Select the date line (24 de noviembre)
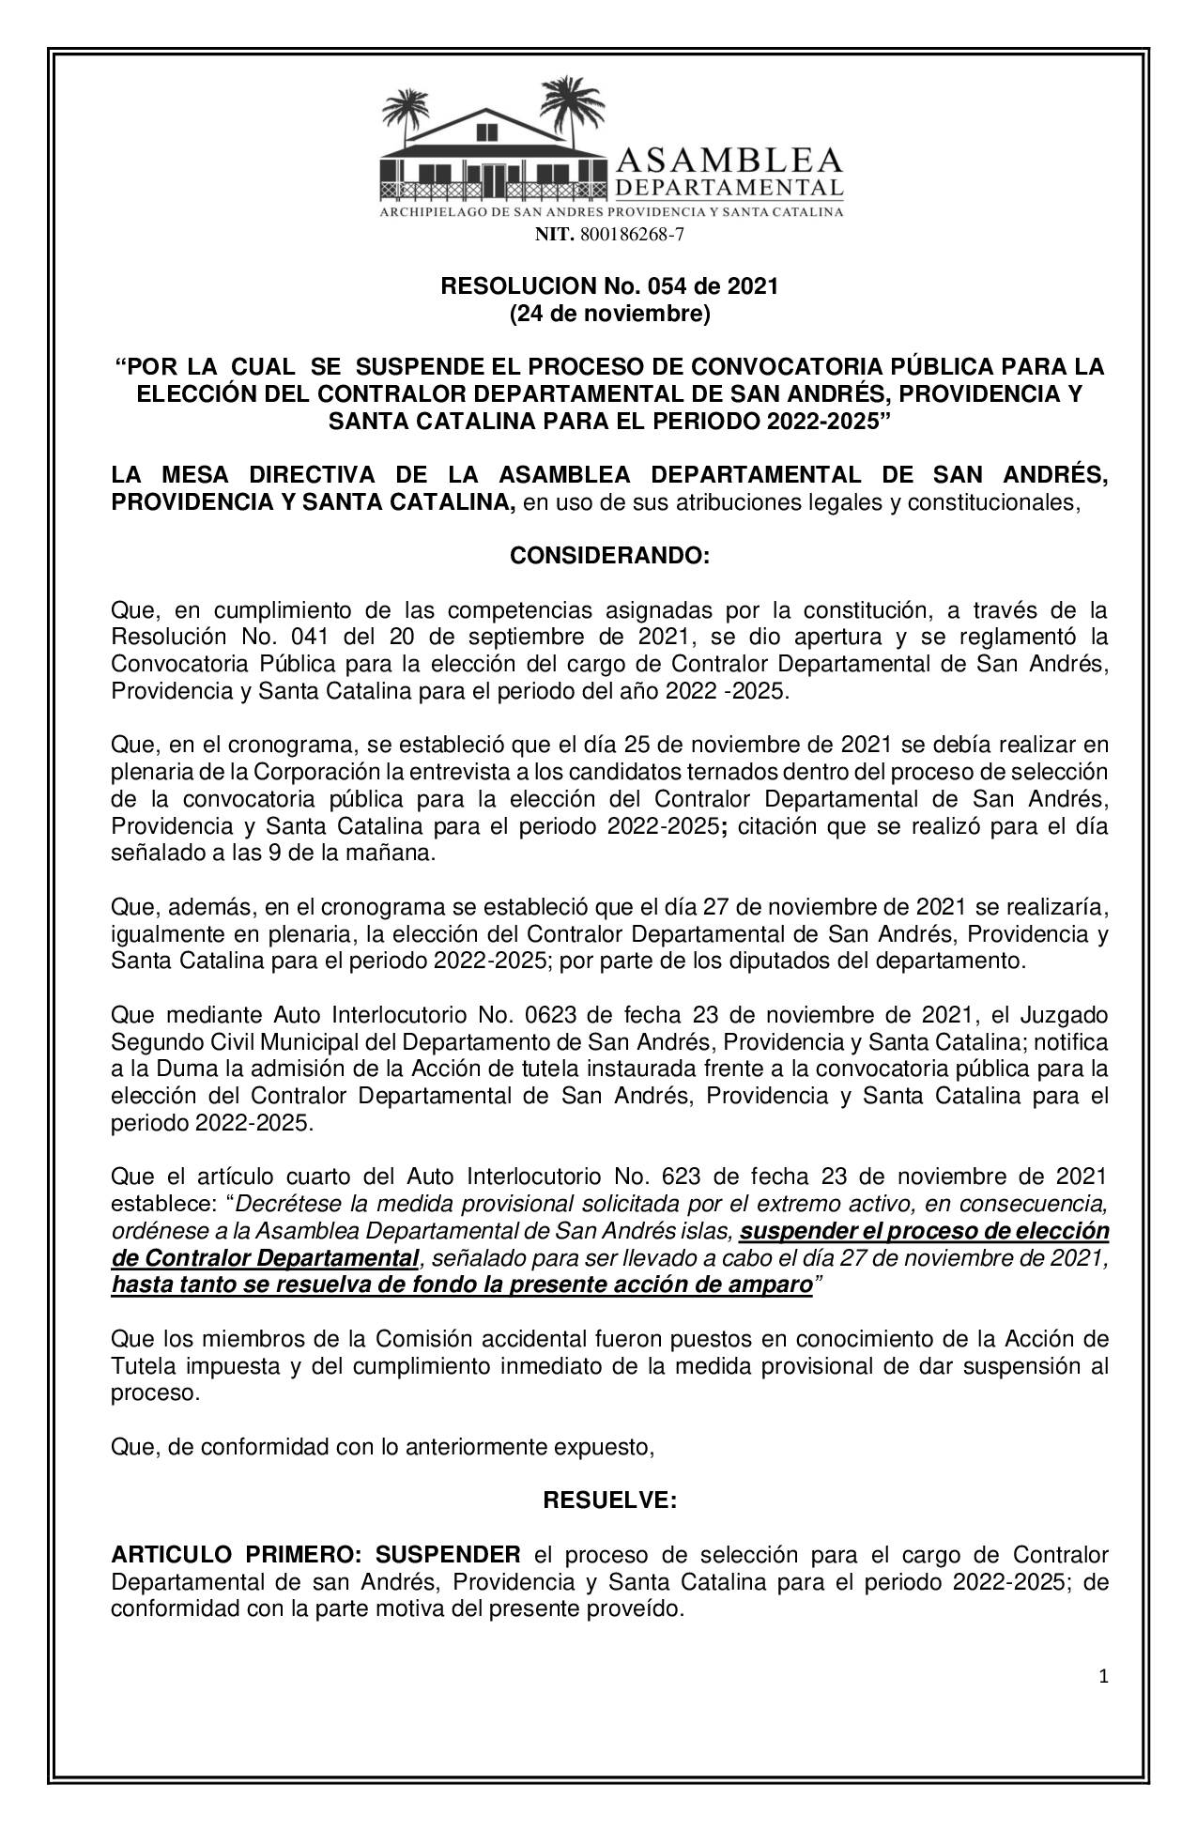pos(609,314)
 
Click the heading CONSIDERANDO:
pos(609,556)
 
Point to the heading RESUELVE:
pos(609,1500)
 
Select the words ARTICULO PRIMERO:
pos(223,1554)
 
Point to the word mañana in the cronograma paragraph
pos(400,854)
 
